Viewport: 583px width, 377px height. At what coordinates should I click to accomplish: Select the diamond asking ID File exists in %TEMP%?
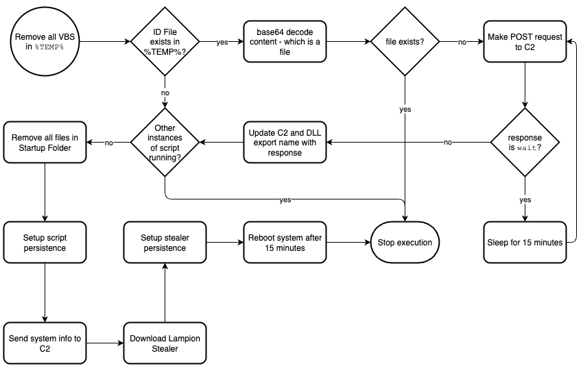coord(165,41)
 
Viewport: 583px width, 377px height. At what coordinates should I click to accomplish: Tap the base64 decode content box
coord(285,41)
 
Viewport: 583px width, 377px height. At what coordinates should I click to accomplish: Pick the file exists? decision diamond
coord(405,41)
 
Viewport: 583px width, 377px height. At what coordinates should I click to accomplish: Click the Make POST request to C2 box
coord(525,41)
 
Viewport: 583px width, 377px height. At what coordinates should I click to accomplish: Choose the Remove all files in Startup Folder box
coord(45,142)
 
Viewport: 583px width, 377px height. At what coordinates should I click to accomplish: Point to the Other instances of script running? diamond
coord(165,142)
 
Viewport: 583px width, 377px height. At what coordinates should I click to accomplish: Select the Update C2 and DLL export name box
coord(285,142)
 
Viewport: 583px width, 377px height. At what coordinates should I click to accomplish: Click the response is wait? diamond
coord(525,142)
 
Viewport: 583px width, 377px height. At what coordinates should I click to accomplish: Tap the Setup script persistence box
coord(45,243)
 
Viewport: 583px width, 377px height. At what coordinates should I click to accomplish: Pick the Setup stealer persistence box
coord(165,243)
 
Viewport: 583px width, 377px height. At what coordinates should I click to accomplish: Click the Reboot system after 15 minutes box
coord(285,243)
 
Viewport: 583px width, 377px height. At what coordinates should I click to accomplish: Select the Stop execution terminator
coord(405,243)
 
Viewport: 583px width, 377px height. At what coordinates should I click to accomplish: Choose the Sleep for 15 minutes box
coord(525,243)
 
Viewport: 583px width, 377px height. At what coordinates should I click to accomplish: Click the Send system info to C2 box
coord(45,343)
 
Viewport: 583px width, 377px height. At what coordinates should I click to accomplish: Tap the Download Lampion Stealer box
coord(165,343)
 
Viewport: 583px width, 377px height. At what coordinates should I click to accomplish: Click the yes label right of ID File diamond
coord(222,42)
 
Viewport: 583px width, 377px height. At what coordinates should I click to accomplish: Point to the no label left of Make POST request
coord(463,42)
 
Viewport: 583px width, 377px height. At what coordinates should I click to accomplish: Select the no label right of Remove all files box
coord(109,143)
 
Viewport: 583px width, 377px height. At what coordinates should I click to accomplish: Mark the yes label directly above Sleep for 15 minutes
coord(525,199)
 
